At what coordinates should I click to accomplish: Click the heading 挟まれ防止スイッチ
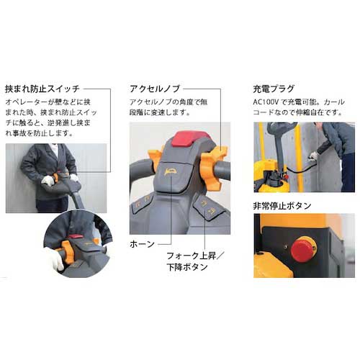pos(42,89)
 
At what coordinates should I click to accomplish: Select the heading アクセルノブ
pos(155,89)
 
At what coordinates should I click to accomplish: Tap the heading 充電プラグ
pos(274,89)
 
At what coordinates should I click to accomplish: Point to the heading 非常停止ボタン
pos(282,206)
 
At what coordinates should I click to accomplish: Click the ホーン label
pos(142,244)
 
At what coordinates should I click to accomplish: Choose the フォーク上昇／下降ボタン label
pos(194,261)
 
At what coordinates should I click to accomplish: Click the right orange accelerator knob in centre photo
pos(214,168)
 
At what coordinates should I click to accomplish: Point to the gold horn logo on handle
pos(170,172)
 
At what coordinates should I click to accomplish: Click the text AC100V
pos(266,102)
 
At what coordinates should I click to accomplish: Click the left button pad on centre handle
pos(142,203)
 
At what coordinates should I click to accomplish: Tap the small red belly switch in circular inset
pos(76,237)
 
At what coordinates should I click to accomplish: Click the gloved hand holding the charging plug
pos(313,156)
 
